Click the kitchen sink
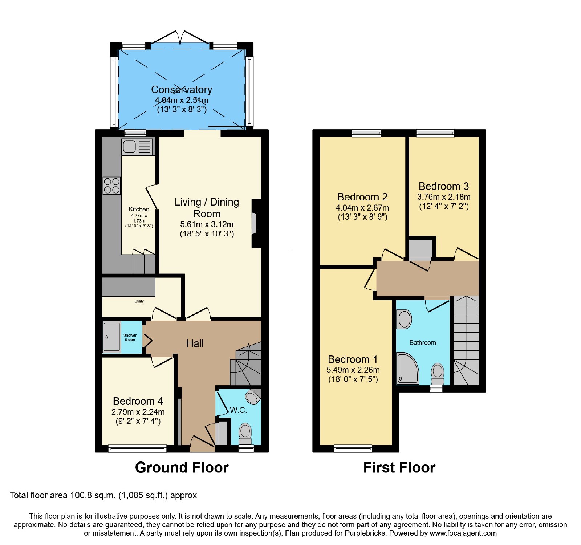point(137,147)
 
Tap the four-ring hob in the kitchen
point(111,186)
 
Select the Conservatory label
point(182,89)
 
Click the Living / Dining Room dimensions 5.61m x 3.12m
point(207,224)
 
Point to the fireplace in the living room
point(256,223)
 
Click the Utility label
point(139,301)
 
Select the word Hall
point(195,343)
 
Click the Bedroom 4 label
point(138,401)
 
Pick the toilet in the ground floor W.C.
point(245,434)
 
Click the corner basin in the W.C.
point(253,396)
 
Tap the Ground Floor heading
point(182,468)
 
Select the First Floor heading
point(399,468)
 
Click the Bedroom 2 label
point(362,197)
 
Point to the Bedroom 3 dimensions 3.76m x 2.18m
point(444,197)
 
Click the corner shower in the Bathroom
point(407,368)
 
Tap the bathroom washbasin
point(404,320)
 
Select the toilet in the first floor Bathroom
point(438,374)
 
